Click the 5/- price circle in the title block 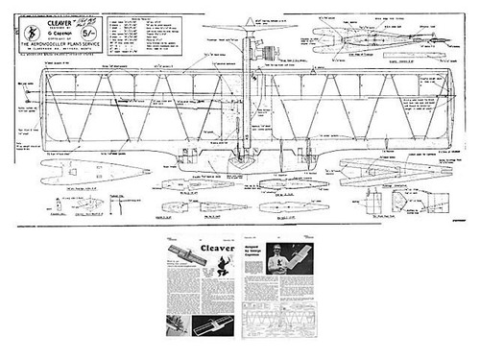89,32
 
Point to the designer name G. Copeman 60,33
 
